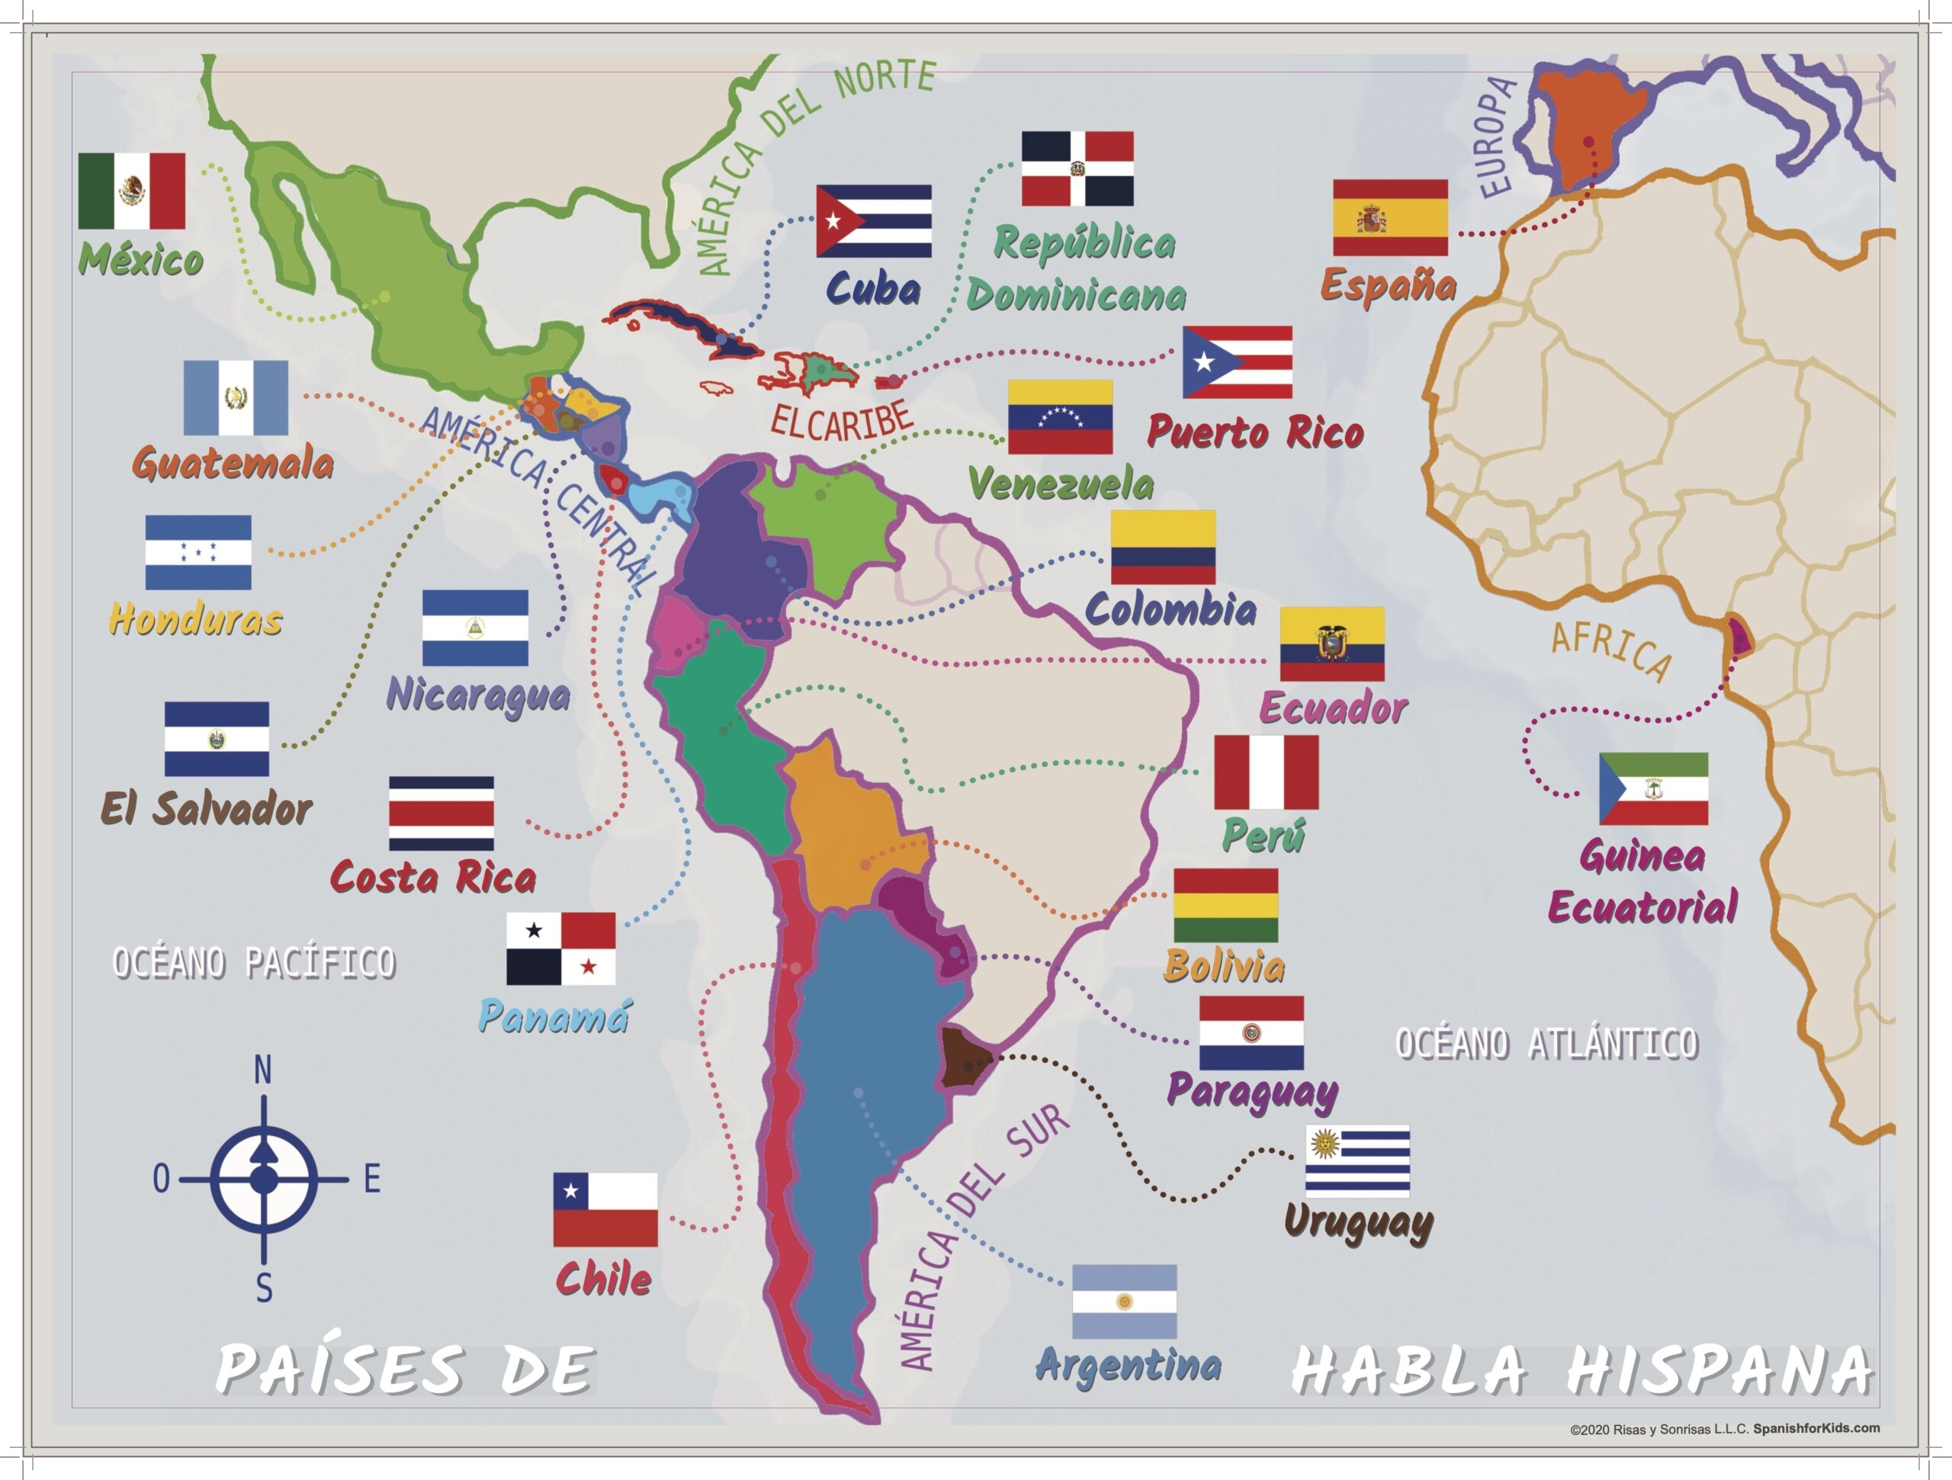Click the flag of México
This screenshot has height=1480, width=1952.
(131, 191)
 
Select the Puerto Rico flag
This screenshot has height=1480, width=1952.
(1238, 362)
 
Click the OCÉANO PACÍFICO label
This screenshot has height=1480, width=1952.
(254, 963)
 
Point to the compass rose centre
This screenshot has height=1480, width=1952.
(264, 1178)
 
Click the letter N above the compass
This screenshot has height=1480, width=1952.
(263, 1071)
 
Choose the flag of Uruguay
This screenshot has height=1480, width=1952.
(1357, 1161)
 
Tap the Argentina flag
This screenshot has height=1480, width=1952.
(1124, 1301)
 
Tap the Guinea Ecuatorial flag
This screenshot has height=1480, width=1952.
(1653, 788)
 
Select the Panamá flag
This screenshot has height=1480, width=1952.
(560, 948)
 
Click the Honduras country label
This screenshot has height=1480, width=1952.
(195, 620)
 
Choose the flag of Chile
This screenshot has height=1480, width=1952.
(605, 1209)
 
